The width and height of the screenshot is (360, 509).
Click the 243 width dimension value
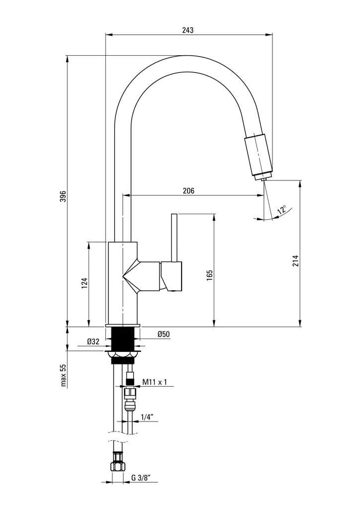click(x=187, y=30)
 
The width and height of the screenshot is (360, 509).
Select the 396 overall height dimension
click(x=63, y=197)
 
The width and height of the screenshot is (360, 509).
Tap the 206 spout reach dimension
click(x=188, y=190)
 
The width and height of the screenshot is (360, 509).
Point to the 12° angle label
click(x=281, y=210)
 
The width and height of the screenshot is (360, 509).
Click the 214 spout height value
click(x=295, y=261)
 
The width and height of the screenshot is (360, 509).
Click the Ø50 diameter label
click(x=164, y=335)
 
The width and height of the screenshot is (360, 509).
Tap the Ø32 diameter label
click(x=93, y=341)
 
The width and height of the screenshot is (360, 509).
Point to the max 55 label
click(x=63, y=375)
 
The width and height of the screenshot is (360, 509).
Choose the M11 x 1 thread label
click(x=155, y=382)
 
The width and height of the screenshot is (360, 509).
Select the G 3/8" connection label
click(x=141, y=478)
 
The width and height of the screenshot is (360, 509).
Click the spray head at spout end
click(x=258, y=156)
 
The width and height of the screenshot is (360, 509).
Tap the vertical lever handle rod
click(x=174, y=238)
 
